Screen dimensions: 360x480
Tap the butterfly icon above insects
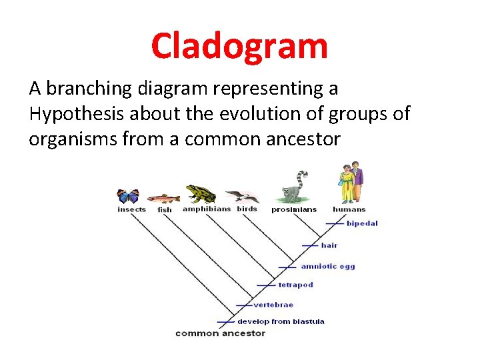(128, 196)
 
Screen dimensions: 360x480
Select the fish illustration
(163, 198)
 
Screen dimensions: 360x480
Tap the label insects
(131, 209)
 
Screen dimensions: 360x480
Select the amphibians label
(207, 209)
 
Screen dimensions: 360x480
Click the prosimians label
(294, 209)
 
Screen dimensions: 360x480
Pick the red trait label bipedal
(362, 223)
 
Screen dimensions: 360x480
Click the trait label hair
(329, 245)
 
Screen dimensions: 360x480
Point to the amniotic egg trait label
(328, 267)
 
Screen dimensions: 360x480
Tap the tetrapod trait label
(295, 285)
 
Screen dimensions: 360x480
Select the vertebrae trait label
(273, 305)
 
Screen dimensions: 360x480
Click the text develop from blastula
(281, 321)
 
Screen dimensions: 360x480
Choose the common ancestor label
(220, 333)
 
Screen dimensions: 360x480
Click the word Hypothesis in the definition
(75, 114)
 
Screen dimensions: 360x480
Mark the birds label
(247, 209)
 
